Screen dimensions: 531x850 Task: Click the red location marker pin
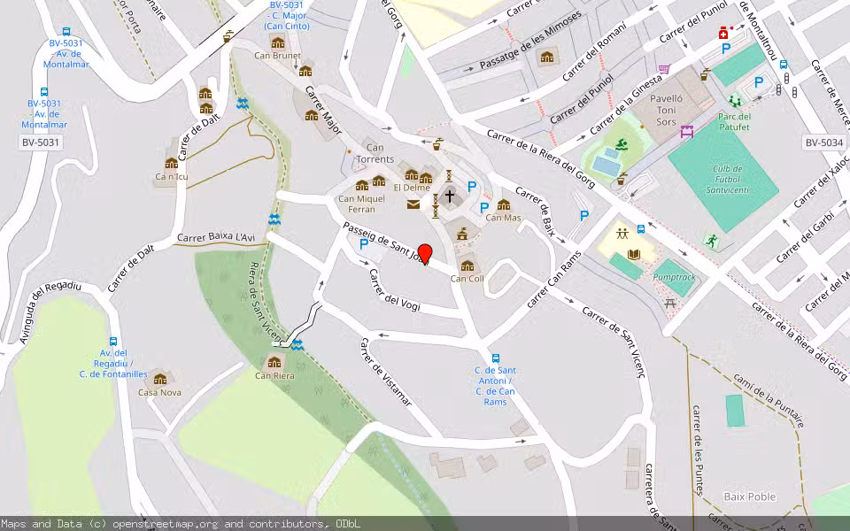pos(424,254)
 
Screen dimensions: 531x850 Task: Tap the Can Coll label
pos(467,279)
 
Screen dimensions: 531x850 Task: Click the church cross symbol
pos(450,196)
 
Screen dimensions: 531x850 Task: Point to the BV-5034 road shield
pos(823,142)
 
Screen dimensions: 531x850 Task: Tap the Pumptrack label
pos(674,277)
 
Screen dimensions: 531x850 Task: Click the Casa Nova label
pos(159,392)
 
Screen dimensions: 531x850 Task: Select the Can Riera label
pos(274,375)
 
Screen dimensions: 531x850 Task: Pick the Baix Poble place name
pos(749,496)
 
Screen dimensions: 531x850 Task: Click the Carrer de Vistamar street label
pos(385,372)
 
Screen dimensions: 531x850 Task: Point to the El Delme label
pos(412,188)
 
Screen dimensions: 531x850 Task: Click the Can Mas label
pos(503,218)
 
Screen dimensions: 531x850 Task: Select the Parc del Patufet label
pos(734,121)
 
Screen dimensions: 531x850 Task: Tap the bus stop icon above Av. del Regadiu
pos(112,342)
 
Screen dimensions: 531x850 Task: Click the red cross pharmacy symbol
pos(723,34)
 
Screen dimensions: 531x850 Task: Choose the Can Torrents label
pos(375,153)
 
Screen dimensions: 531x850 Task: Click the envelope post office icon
pos(413,204)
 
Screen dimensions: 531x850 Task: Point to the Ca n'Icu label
pos(172,176)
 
